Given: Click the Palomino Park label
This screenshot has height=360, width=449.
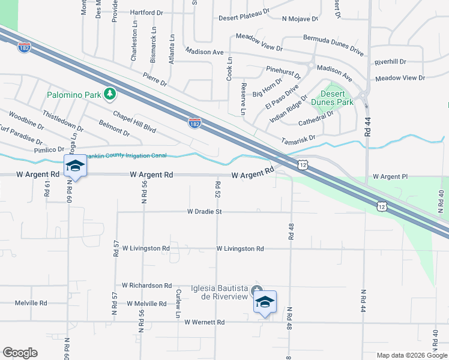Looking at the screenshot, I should [x=75, y=95].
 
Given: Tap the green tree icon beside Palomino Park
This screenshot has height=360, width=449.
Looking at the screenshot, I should [x=109, y=94].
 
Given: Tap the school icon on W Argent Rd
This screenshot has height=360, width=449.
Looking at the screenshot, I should [x=75, y=166].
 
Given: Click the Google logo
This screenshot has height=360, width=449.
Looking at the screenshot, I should [x=20, y=353].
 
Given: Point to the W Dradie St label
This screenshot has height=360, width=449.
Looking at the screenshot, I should [x=205, y=212].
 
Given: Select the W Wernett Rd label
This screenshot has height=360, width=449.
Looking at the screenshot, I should [x=204, y=322].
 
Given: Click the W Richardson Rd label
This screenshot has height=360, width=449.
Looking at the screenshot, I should [x=146, y=286].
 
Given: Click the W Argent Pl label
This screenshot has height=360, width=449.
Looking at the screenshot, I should [x=390, y=177].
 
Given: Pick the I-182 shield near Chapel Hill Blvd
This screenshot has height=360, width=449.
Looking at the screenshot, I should [x=194, y=123].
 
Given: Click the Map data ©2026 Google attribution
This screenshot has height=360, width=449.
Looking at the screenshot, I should [x=411, y=355].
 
